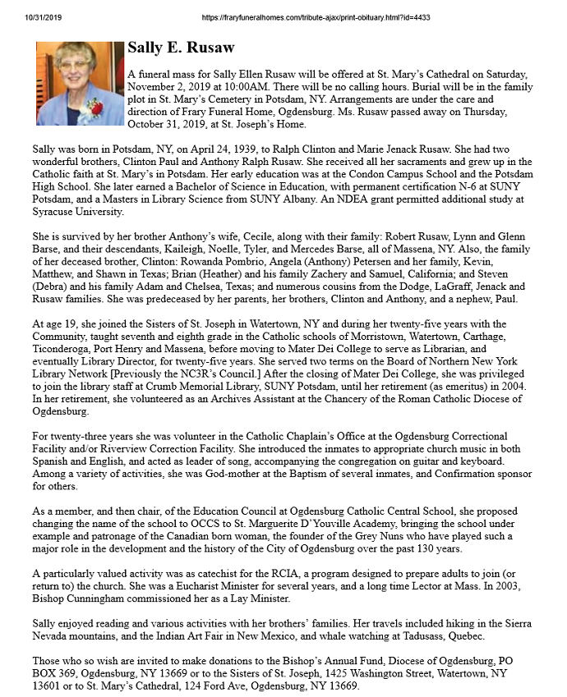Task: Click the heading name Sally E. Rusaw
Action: pos(181,48)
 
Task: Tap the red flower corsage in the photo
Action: pos(97,108)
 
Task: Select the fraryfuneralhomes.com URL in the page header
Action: pos(316,17)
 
